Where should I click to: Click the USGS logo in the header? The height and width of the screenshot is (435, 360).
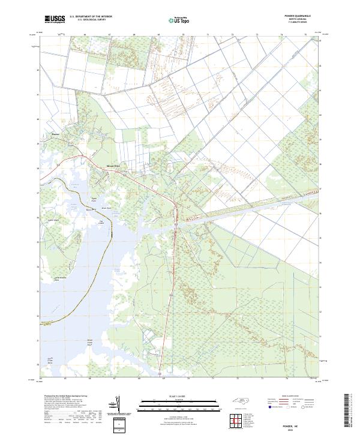coord(55,20)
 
